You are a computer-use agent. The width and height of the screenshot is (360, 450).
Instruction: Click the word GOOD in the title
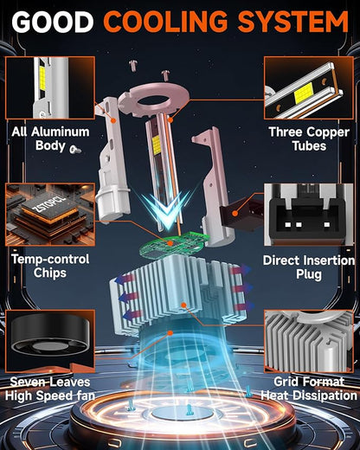[x=53, y=22]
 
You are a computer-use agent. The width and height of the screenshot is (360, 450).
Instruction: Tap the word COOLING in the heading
[x=166, y=22]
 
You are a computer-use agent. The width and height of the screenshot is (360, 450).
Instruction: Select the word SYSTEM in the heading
[x=293, y=22]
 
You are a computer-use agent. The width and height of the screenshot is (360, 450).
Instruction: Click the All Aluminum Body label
[x=50, y=138]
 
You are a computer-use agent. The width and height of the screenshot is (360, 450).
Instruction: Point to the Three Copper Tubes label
[x=309, y=138]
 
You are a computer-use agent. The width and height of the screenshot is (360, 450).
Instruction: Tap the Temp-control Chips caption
[x=50, y=266]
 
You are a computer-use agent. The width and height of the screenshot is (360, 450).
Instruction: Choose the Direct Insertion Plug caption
[x=309, y=267]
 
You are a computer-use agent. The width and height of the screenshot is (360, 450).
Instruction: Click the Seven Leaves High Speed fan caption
[x=50, y=389]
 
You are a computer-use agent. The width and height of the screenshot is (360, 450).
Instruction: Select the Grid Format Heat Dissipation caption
[x=309, y=389]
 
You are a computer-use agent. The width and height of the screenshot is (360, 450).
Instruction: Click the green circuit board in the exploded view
[x=174, y=244]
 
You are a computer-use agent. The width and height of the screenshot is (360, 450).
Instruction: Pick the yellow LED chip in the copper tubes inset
[x=304, y=94]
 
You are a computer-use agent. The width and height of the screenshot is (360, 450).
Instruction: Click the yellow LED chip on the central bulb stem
[x=156, y=144]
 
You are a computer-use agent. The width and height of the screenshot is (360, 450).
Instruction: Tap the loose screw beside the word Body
[x=75, y=149]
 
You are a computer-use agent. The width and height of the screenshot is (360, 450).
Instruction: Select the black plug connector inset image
[x=309, y=215]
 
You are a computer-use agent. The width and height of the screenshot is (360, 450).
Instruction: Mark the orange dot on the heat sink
[x=183, y=305]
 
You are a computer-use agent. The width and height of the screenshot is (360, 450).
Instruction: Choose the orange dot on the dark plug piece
[x=235, y=214]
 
